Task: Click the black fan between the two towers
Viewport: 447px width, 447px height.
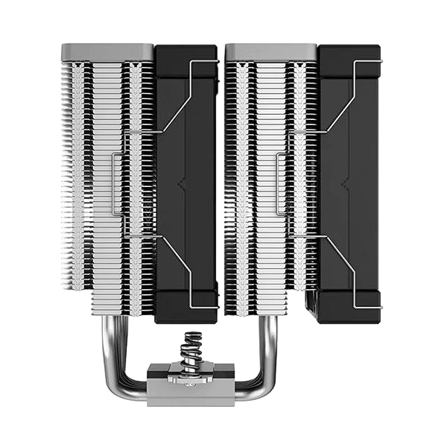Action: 186,186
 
